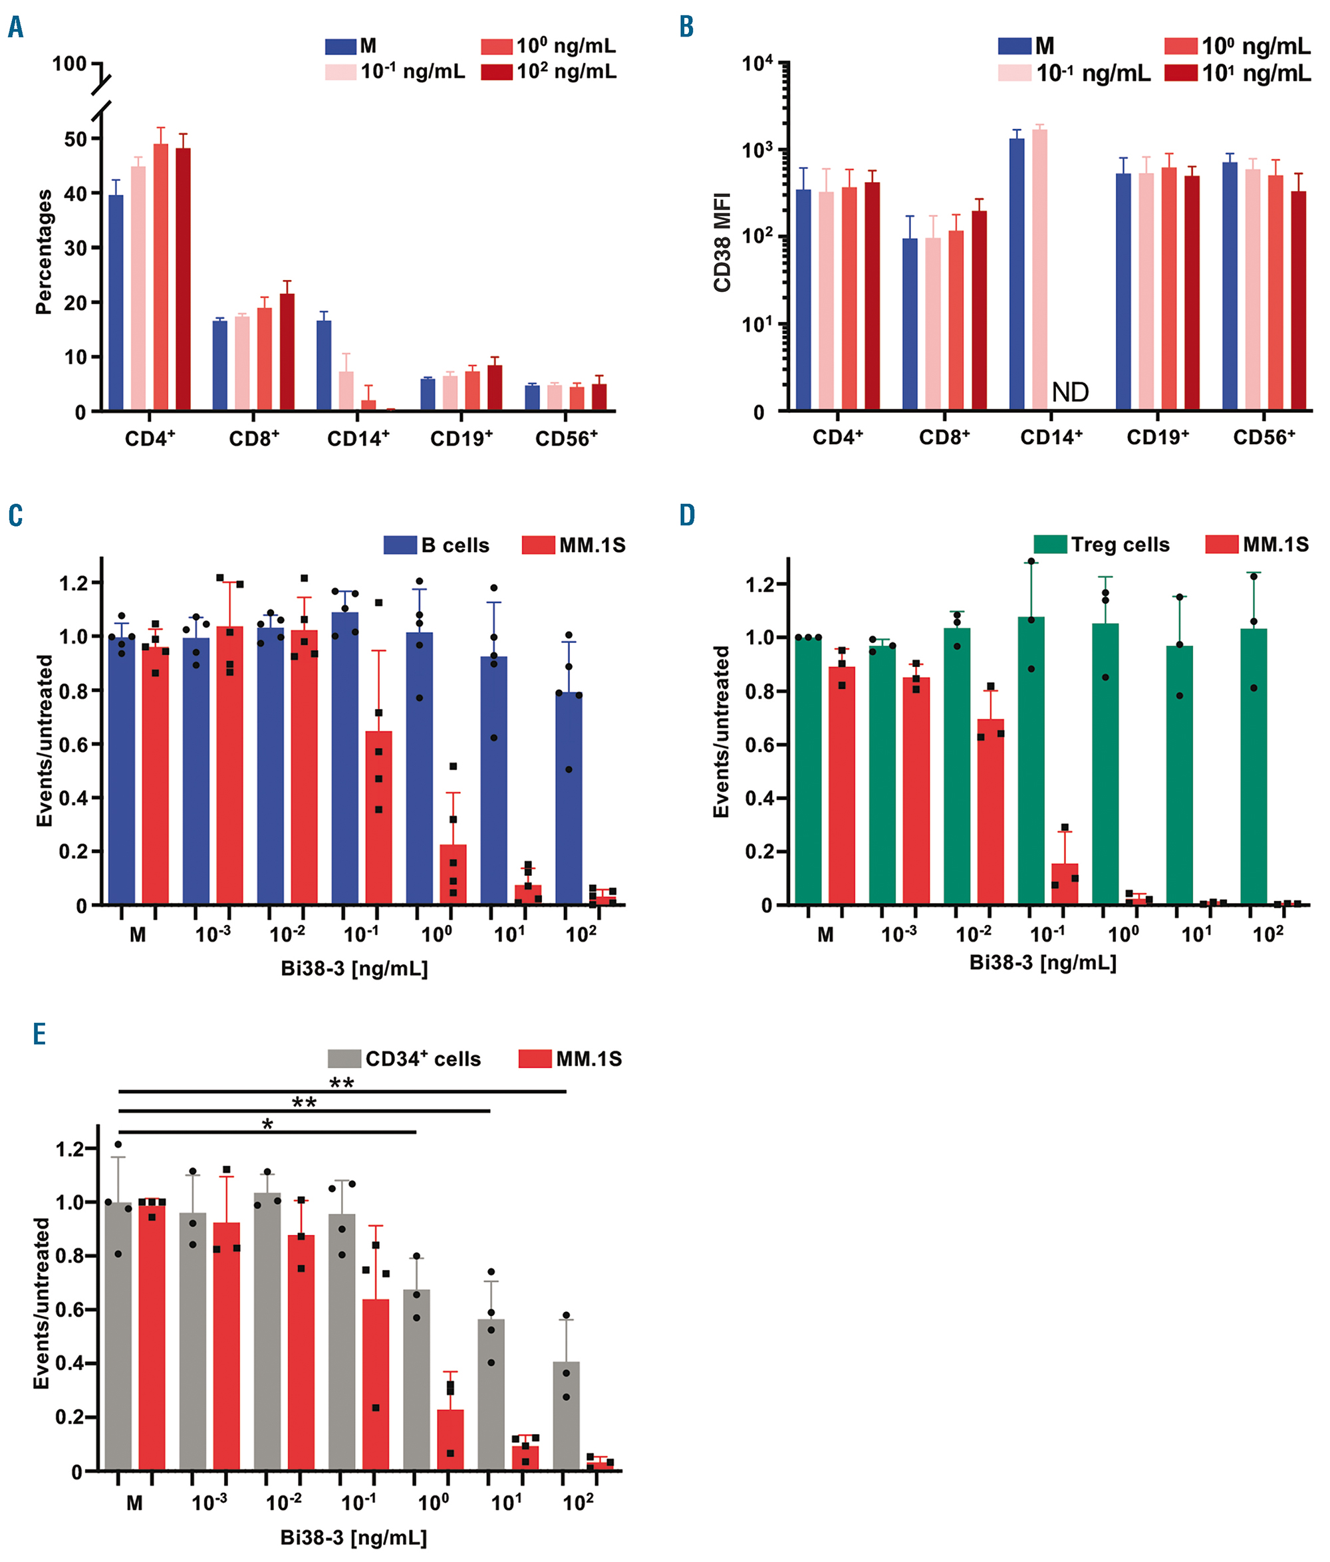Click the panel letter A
15,28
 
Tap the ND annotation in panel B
1070,392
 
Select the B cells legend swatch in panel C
400,545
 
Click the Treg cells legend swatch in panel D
1049,545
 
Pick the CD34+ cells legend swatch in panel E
344,1059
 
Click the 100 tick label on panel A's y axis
68,64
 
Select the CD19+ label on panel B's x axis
1157,438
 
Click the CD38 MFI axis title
722,241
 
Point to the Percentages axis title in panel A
44,251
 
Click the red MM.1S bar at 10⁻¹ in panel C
378,817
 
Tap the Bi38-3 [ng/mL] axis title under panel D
1042,963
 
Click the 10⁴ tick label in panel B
757,64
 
